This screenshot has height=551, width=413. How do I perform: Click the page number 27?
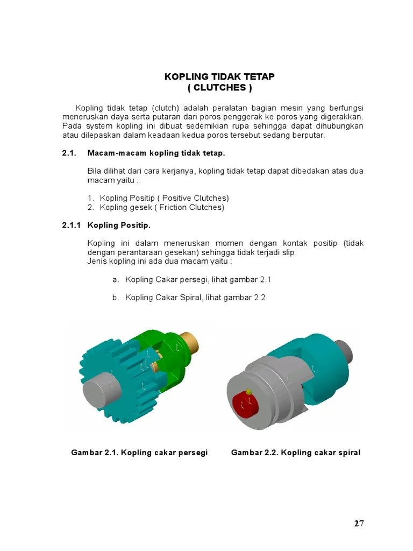tap(359, 523)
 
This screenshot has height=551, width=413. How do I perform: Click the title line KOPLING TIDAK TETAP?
tap(219, 76)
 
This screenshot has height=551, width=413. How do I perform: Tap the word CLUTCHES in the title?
tap(220, 88)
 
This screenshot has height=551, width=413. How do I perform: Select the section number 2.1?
tap(69, 153)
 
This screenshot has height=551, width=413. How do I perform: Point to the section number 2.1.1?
tap(72, 225)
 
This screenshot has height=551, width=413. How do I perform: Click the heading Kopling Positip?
tap(119, 225)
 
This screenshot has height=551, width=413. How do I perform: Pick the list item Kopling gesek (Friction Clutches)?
tap(162, 207)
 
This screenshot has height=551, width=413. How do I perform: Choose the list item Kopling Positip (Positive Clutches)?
tap(165, 198)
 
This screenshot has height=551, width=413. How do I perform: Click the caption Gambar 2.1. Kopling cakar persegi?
tap(139, 453)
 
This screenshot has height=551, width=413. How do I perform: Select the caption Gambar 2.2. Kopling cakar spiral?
tap(296, 453)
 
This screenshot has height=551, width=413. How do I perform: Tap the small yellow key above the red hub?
tap(249, 391)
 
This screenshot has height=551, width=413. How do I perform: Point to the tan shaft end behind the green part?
tap(191, 341)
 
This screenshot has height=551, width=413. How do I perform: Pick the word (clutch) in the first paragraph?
tap(166, 108)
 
